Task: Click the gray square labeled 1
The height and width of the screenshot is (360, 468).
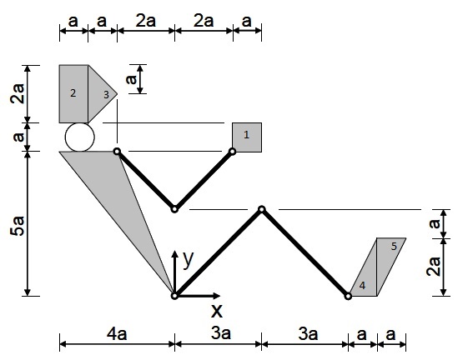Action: tap(247, 137)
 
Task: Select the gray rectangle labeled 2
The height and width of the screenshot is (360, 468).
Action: tap(73, 93)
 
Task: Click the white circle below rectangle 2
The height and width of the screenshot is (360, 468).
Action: tap(80, 137)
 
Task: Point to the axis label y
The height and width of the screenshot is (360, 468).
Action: tap(188, 259)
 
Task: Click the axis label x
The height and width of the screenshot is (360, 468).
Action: tap(217, 311)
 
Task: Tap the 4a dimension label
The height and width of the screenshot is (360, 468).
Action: tap(117, 333)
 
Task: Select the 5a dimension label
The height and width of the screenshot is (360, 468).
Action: tap(18, 227)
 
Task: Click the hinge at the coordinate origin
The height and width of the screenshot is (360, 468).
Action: tap(174, 296)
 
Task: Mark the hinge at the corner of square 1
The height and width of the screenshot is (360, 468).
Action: tap(233, 152)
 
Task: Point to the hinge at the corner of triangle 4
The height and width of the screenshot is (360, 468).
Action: tap(348, 297)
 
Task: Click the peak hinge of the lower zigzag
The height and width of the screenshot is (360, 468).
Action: tap(262, 209)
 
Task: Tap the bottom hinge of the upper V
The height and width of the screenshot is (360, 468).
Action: tap(174, 209)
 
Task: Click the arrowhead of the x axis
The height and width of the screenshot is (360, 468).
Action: tap(217, 296)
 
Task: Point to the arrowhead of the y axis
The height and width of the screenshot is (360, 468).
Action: tap(174, 253)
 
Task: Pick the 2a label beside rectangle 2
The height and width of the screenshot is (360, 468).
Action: tap(18, 93)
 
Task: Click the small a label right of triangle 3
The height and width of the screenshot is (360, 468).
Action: tap(131, 79)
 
